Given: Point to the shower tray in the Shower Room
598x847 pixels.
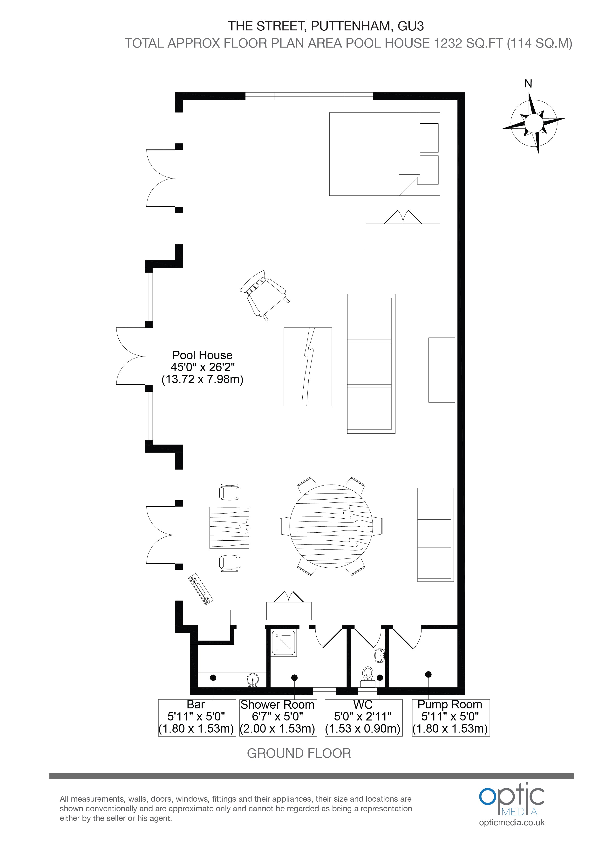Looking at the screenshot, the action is [284, 644].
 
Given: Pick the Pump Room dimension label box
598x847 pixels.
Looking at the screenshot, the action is [451, 718].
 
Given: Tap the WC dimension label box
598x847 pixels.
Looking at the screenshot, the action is [363, 718].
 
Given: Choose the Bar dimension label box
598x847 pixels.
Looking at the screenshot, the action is [197, 718].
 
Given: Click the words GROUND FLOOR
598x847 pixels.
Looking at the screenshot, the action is [299, 753].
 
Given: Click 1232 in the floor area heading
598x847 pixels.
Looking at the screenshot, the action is [449, 43].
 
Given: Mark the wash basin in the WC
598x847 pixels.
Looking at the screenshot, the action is [380, 656].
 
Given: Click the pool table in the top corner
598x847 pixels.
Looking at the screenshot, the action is [384, 154].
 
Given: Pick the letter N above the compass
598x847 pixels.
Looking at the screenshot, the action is [528, 84].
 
